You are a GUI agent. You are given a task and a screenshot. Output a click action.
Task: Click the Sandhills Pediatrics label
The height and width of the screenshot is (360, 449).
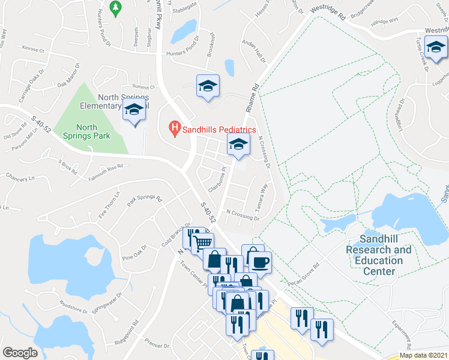tap(219, 129)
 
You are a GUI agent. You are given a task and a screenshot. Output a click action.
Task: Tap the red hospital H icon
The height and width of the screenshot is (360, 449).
tap(175, 128)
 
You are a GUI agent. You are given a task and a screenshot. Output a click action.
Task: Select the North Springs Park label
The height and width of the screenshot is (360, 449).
tap(86, 131)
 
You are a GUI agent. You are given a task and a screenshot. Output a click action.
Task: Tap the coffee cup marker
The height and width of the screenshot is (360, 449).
tap(260, 262)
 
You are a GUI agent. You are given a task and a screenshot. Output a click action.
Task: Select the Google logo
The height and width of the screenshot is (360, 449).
tap(20, 352)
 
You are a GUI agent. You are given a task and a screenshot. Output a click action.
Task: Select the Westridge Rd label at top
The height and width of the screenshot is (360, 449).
tap(327, 11)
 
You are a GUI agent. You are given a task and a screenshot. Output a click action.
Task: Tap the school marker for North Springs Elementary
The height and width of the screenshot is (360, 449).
tap(134, 110)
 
